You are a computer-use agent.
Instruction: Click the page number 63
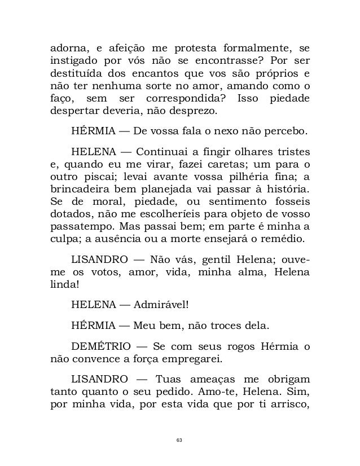click(x=179, y=438)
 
